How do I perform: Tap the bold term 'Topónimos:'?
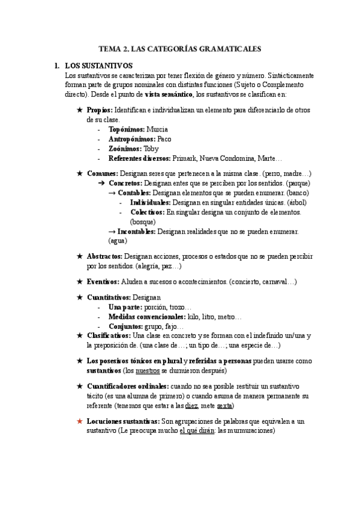[x=127, y=129]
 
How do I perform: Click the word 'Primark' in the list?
[x=185, y=158]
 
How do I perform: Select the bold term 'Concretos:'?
[x=125, y=182]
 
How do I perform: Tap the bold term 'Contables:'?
[x=134, y=193]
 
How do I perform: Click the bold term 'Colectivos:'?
[x=147, y=212]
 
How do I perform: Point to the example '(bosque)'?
[x=142, y=221]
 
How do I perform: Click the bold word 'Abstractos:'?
[x=104, y=256]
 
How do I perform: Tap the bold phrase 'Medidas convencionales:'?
[x=147, y=316]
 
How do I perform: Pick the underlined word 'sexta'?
[x=224, y=406]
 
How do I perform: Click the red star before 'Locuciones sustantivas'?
[x=80, y=421]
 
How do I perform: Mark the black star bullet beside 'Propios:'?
[x=80, y=110]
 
